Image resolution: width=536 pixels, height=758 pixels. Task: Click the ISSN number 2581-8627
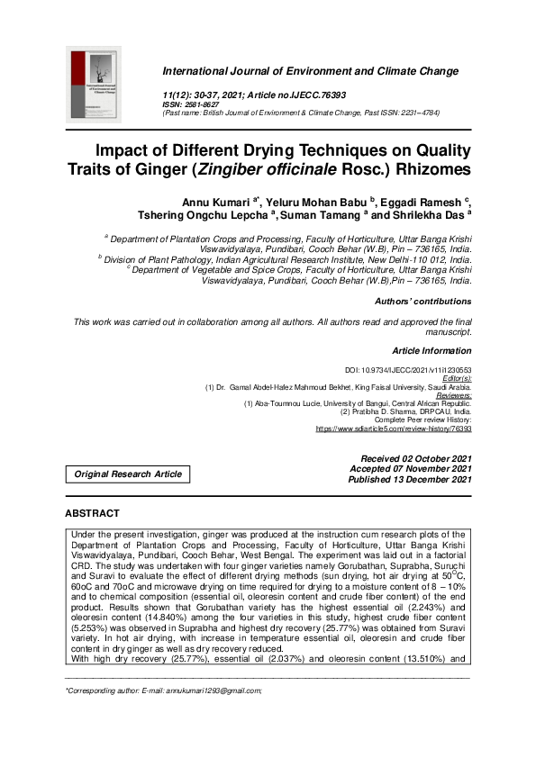pos(210,104)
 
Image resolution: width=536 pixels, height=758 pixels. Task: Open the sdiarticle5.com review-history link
pos(393,429)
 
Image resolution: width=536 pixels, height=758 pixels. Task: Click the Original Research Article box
pos(128,474)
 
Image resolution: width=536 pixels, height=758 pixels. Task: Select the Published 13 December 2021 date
pos(410,480)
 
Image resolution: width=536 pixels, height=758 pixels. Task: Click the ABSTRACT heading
pos(92,513)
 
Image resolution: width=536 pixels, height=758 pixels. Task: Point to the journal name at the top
pos(310,71)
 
